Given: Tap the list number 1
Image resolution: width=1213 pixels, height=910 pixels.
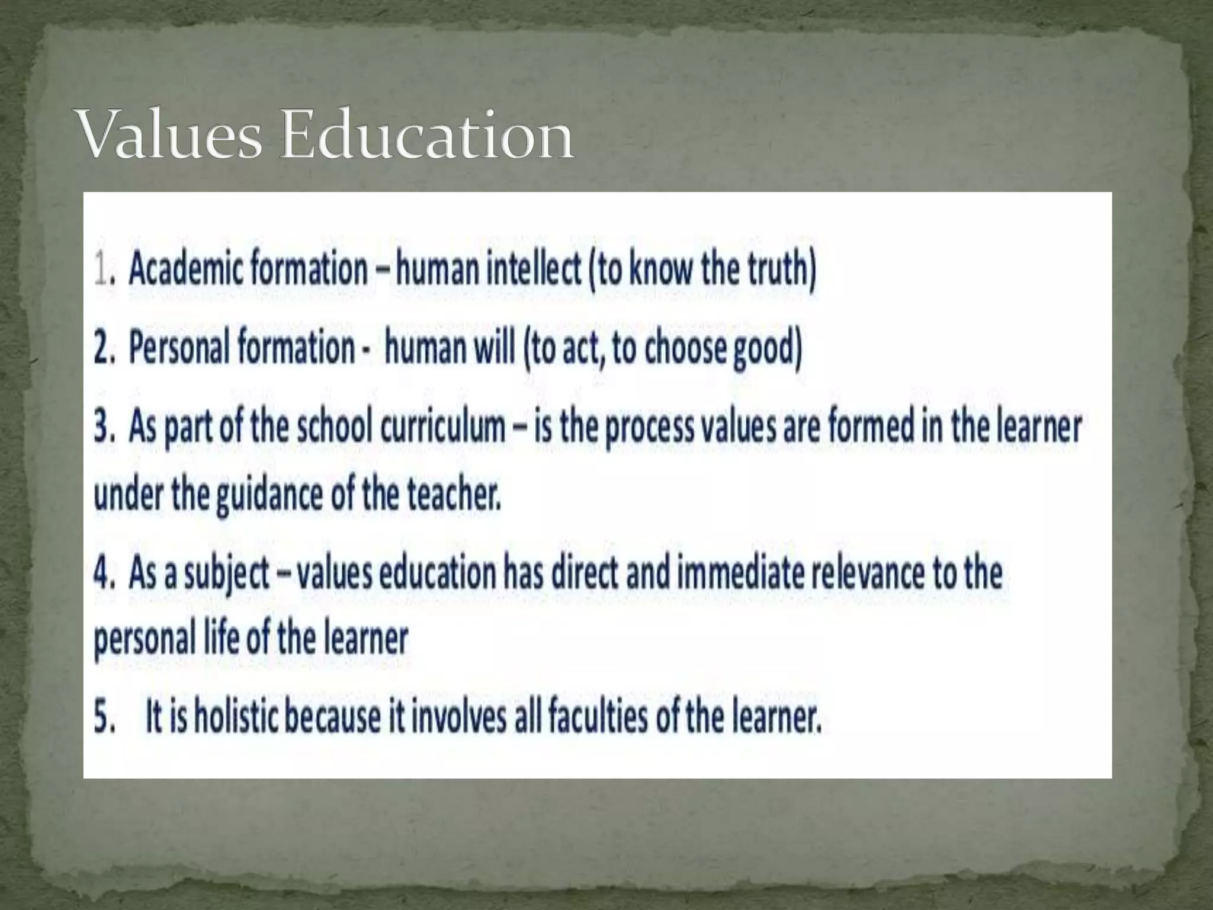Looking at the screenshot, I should click(102, 270).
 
